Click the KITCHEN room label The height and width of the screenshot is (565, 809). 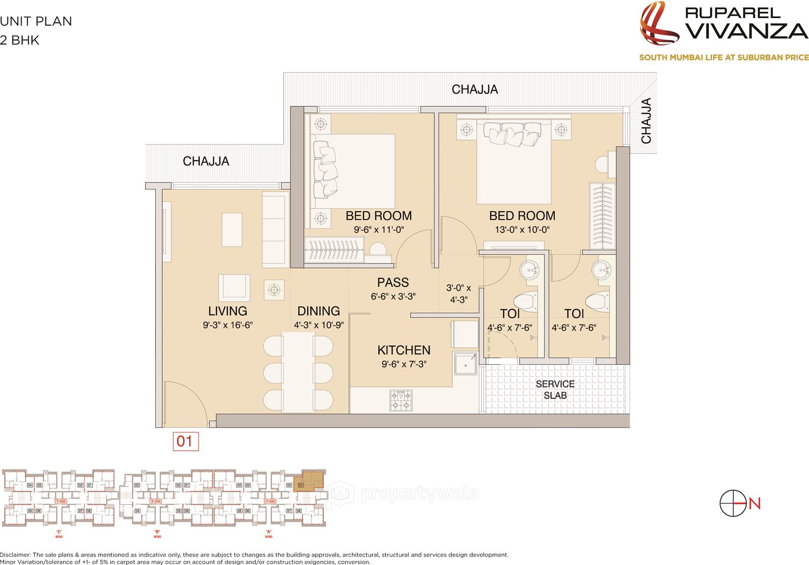pyautogui.click(x=403, y=350)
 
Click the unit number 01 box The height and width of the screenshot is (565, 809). pyautogui.click(x=185, y=441)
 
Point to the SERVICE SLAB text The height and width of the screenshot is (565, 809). pyautogui.click(x=555, y=390)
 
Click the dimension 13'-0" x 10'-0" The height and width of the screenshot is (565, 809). pyautogui.click(x=522, y=229)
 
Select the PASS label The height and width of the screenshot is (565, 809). pyautogui.click(x=393, y=282)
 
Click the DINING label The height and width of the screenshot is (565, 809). pyautogui.click(x=319, y=311)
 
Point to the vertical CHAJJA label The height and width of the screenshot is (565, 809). pyautogui.click(x=646, y=121)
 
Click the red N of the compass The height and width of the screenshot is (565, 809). pyautogui.click(x=755, y=503)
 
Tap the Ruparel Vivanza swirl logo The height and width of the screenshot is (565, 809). pyautogui.click(x=660, y=25)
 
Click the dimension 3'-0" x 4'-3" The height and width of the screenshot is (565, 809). pyautogui.click(x=458, y=294)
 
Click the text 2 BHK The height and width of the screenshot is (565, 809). pyautogui.click(x=20, y=41)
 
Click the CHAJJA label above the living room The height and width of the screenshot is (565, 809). pyautogui.click(x=206, y=161)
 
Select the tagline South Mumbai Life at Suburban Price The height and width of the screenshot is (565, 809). pyautogui.click(x=724, y=58)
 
